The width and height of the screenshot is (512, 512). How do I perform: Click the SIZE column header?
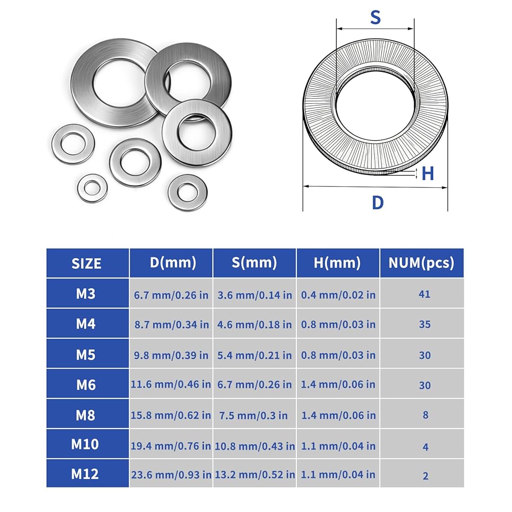point(86,264)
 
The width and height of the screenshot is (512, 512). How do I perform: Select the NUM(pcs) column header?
point(421,263)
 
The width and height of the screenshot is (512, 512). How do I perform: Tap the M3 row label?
point(86,294)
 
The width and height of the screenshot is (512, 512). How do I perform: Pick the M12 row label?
point(85,474)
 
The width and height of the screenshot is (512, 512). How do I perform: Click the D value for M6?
point(171,385)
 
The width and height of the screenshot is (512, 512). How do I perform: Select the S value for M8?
point(253,415)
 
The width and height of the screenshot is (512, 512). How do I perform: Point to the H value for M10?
point(338,446)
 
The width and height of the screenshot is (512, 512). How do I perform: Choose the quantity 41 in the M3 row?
point(424,294)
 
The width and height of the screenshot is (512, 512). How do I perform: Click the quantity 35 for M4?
point(425,324)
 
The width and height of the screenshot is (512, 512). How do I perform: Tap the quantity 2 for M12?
point(425,476)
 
